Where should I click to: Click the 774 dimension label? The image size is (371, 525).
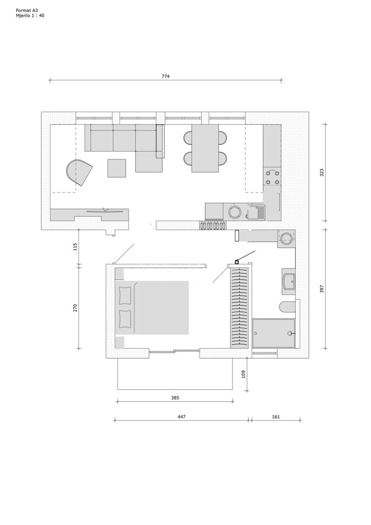click(166, 76)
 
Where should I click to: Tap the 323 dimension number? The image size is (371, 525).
click(322, 173)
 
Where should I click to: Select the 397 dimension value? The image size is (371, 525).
click(322, 289)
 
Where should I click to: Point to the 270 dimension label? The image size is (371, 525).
click(75, 308)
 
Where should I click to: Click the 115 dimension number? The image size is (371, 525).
click(75, 247)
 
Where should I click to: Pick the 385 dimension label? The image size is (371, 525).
click(175, 398)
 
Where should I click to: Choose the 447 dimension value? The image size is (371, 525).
click(181, 417)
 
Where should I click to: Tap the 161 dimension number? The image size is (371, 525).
click(276, 417)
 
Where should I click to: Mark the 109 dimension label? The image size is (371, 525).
click(244, 374)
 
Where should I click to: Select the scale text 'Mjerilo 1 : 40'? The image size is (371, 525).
click(30, 16)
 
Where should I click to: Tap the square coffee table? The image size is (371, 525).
click(117, 168)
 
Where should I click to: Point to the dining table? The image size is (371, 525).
click(205, 148)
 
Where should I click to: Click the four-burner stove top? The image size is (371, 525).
click(272, 177)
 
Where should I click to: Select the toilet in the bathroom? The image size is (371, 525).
click(287, 307)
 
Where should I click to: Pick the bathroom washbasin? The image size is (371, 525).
click(288, 281)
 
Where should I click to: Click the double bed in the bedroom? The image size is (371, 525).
click(152, 308)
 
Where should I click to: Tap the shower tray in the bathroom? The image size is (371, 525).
click(274, 333)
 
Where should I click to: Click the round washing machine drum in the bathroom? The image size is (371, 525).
click(287, 238)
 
